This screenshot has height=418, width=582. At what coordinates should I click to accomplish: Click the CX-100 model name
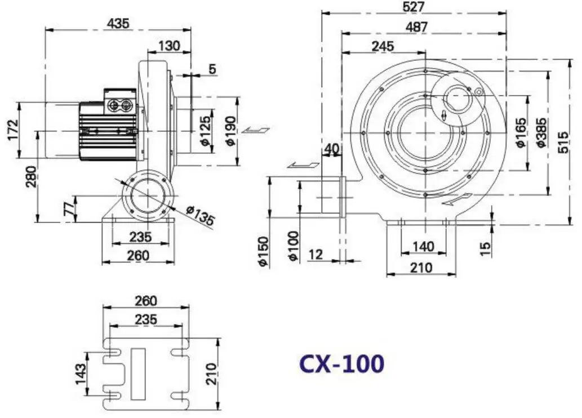pos(341,363)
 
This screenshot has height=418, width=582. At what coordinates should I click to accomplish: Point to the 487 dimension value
pos(416,26)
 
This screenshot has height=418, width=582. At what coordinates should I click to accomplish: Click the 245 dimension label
pos(383,47)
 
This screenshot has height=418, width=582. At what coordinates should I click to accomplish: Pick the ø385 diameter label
pos(540,132)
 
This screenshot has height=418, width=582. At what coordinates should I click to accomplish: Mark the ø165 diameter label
pos(521,132)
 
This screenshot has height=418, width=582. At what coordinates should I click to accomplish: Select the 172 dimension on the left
pos(12,130)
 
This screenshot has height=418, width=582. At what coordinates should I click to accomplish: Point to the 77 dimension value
pos(69,208)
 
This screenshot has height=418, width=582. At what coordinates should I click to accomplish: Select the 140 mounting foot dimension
pos(423,246)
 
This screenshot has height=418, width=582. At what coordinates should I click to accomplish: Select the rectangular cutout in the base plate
pos(137,366)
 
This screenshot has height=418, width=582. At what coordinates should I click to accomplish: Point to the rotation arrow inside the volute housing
pos(457,199)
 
